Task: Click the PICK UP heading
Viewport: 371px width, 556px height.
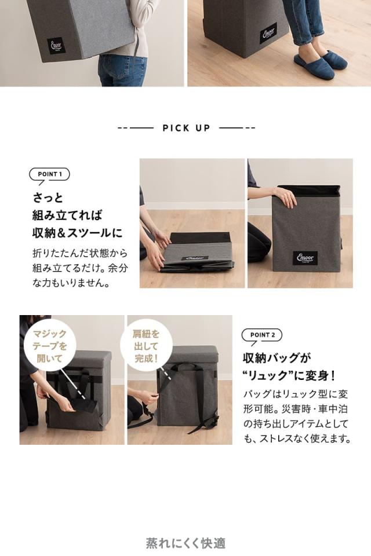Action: [x=186, y=128]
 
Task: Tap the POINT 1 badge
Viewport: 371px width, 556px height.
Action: [x=49, y=174]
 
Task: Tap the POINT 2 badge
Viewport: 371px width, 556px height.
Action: [x=261, y=335]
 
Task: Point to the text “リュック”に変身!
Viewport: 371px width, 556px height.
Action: [x=289, y=375]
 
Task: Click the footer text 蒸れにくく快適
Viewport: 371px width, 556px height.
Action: [x=185, y=543]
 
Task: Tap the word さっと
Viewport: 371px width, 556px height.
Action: [x=48, y=196]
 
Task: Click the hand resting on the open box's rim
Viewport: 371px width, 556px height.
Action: [x=286, y=197]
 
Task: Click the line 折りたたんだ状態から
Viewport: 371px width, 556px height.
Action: [x=79, y=254]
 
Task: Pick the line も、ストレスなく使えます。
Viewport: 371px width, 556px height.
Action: [x=297, y=439]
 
